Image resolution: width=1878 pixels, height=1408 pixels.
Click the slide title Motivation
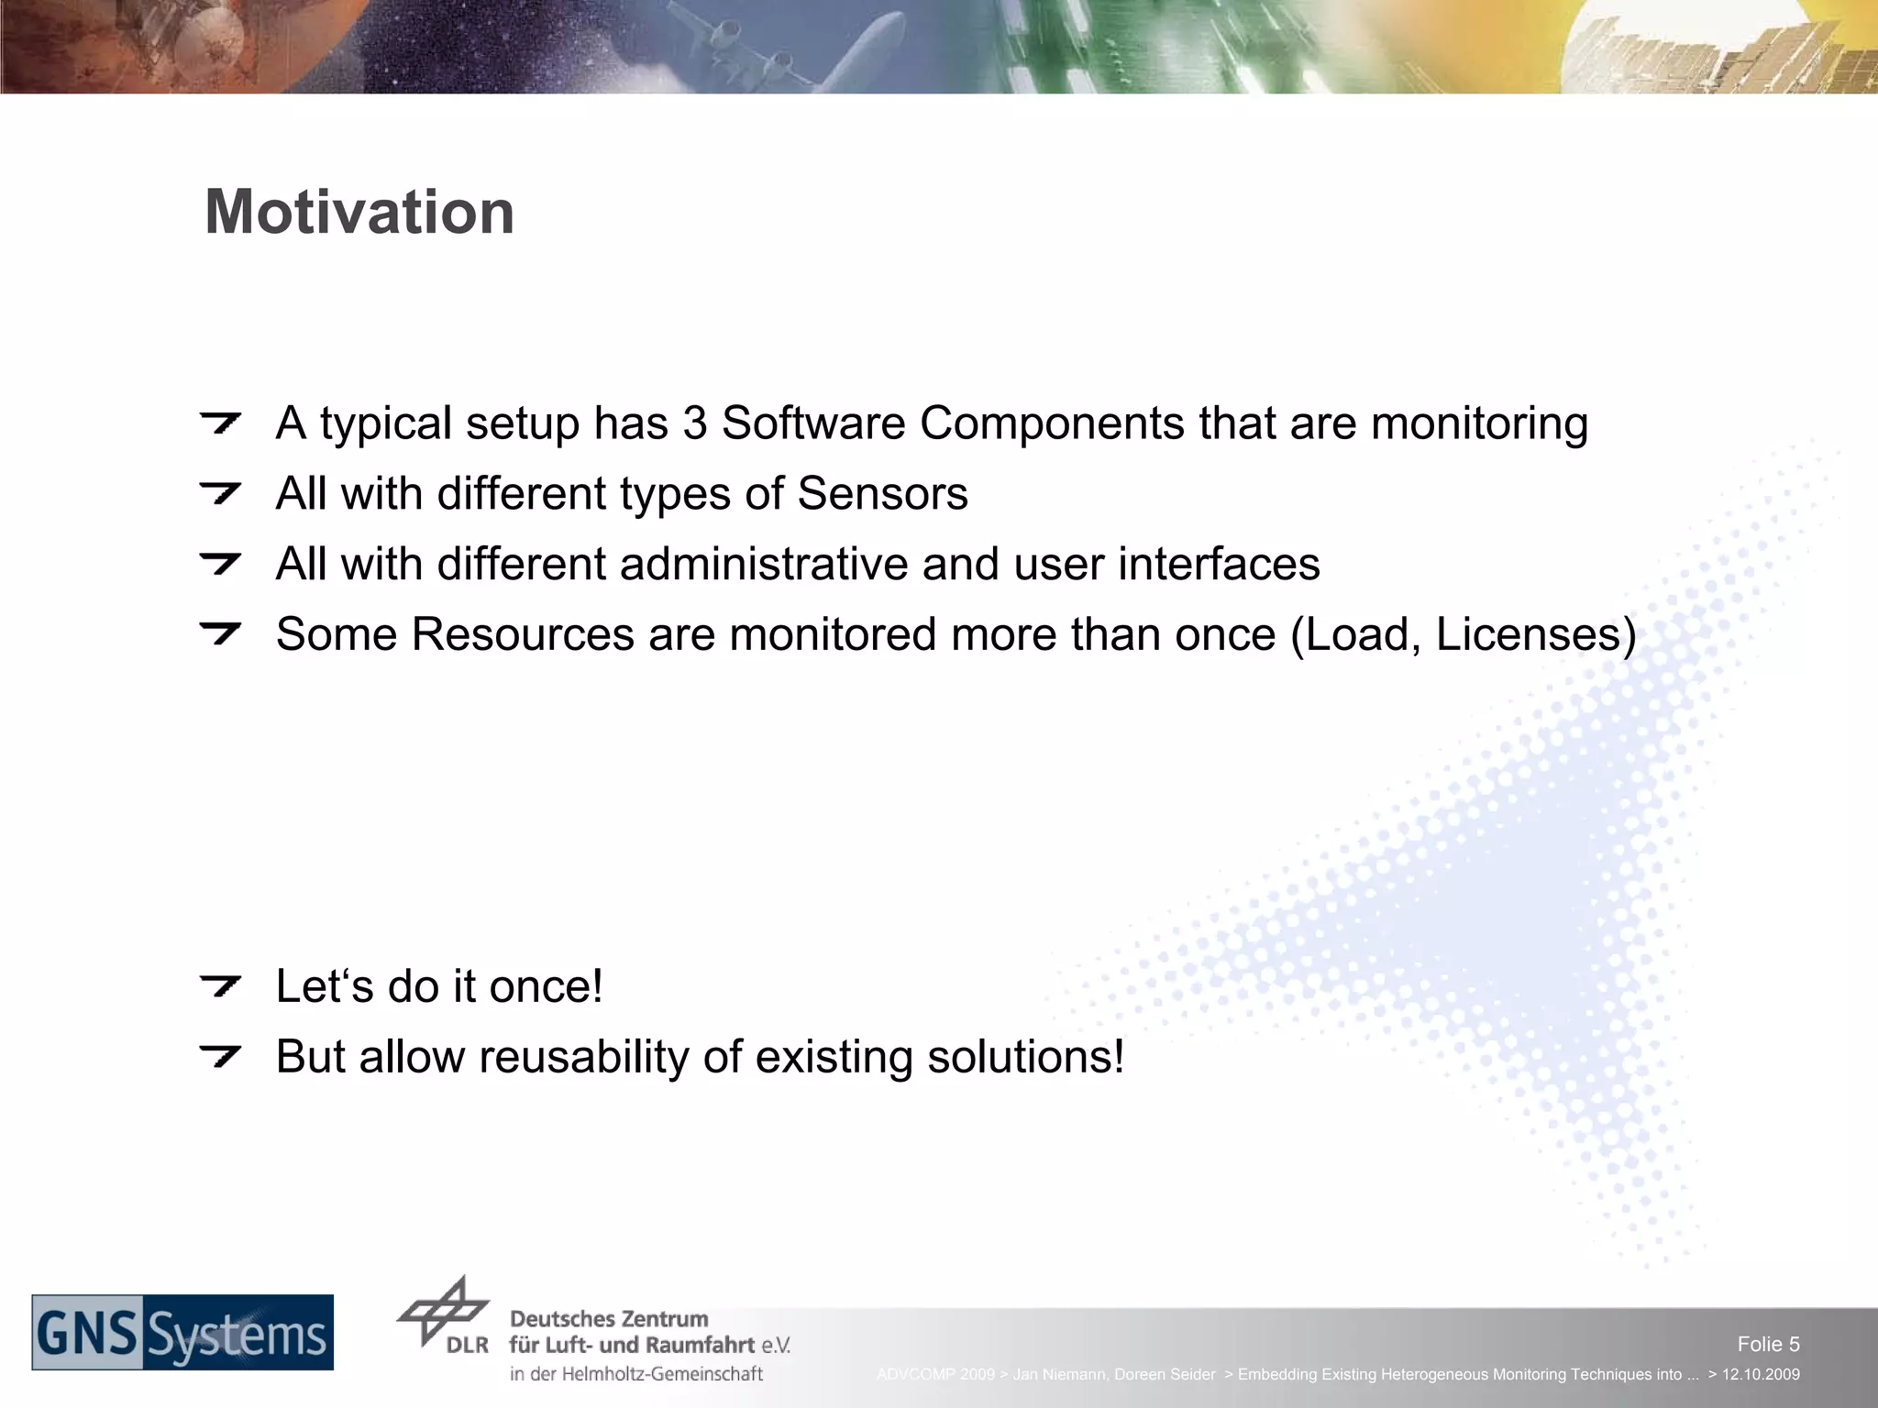[x=359, y=213]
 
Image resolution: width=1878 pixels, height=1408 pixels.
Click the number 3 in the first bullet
[x=694, y=424]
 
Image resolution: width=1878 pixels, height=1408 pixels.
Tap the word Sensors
[x=882, y=494]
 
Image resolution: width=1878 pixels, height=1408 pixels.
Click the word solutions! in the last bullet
[x=1025, y=1057]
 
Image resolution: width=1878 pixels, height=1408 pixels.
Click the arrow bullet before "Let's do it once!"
[x=220, y=987]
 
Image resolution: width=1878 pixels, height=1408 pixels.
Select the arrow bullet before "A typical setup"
[x=220, y=423]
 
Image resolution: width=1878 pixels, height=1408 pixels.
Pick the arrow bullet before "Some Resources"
[x=220, y=633]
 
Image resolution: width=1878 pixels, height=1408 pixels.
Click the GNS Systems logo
[x=182, y=1333]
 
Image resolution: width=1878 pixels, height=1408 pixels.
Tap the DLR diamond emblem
[x=443, y=1311]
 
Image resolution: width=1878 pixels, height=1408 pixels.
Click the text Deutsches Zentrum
[x=609, y=1319]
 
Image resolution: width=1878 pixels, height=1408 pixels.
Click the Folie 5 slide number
[x=1768, y=1344]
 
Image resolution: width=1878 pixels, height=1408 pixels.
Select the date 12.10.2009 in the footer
[x=1761, y=1374]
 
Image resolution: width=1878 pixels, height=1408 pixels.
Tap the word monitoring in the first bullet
[x=1479, y=424]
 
